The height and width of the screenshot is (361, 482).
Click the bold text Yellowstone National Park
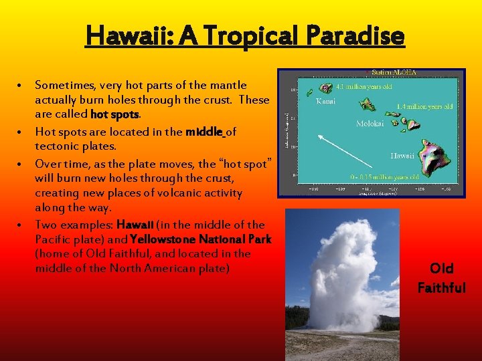200,239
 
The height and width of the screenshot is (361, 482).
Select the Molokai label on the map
370,124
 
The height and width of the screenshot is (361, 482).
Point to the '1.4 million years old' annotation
424,107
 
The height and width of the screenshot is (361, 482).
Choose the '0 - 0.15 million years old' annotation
385,177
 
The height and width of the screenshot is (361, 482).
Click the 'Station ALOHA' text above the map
394,72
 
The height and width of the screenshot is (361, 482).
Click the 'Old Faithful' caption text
441,278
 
